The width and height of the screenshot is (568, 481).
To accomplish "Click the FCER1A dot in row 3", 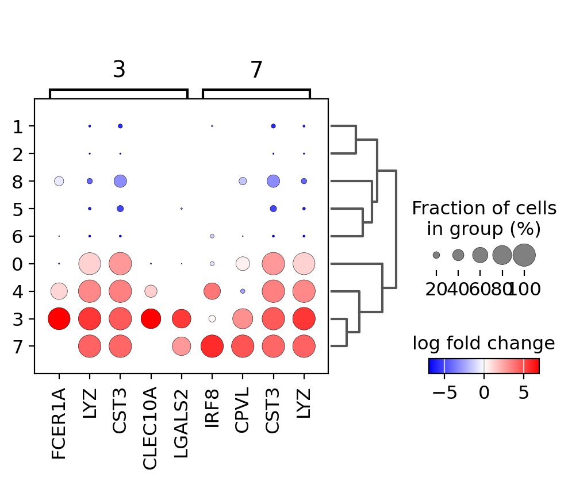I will point(59,318).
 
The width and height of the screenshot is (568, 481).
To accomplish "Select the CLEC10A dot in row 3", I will point(151,318).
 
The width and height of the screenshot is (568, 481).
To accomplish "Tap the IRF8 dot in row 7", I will point(212,346).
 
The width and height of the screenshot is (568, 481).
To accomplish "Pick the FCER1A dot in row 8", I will point(59,181).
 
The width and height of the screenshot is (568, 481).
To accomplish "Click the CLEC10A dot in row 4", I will point(151,291).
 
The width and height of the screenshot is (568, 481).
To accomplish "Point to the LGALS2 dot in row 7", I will point(181,346).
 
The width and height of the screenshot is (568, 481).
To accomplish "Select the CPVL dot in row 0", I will point(243,264).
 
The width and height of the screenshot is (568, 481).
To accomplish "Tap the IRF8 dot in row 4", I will point(212,291).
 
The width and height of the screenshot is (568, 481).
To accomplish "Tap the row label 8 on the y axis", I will point(17,181).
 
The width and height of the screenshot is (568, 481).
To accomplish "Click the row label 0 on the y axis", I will point(17,264).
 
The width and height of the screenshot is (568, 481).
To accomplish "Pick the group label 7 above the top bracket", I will point(256,70).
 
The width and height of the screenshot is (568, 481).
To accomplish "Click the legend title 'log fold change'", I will point(483,344).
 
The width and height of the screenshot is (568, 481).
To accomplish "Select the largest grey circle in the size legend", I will point(524,255).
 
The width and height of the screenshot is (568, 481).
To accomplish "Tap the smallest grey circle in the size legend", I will point(436,255).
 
